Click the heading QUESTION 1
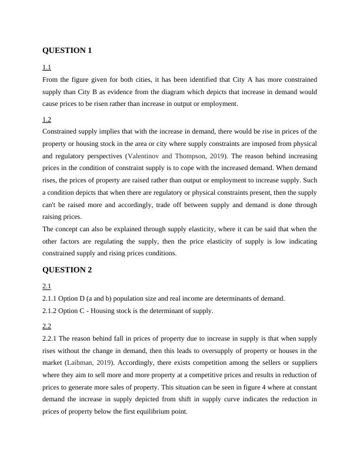[x=67, y=51]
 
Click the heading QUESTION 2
[x=67, y=270]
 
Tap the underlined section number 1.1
[x=46, y=68]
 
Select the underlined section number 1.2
[x=46, y=119]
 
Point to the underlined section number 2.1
[x=46, y=287]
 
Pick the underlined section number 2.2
[x=46, y=326]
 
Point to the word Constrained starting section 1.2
[x=62, y=131]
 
